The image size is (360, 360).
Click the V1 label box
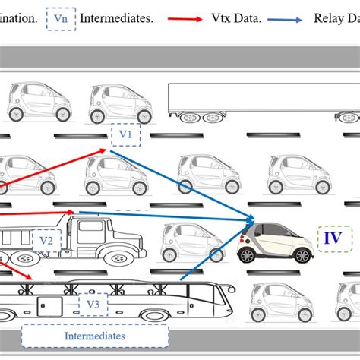tap(125, 134)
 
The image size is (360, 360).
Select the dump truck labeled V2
tap(91, 238)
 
